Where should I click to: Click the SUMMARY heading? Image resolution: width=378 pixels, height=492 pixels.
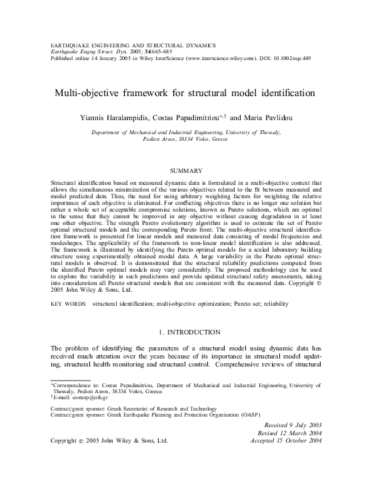191,172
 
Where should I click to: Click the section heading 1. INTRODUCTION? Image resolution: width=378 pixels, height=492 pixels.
189,332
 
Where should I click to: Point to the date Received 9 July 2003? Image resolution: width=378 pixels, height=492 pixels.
294,425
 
